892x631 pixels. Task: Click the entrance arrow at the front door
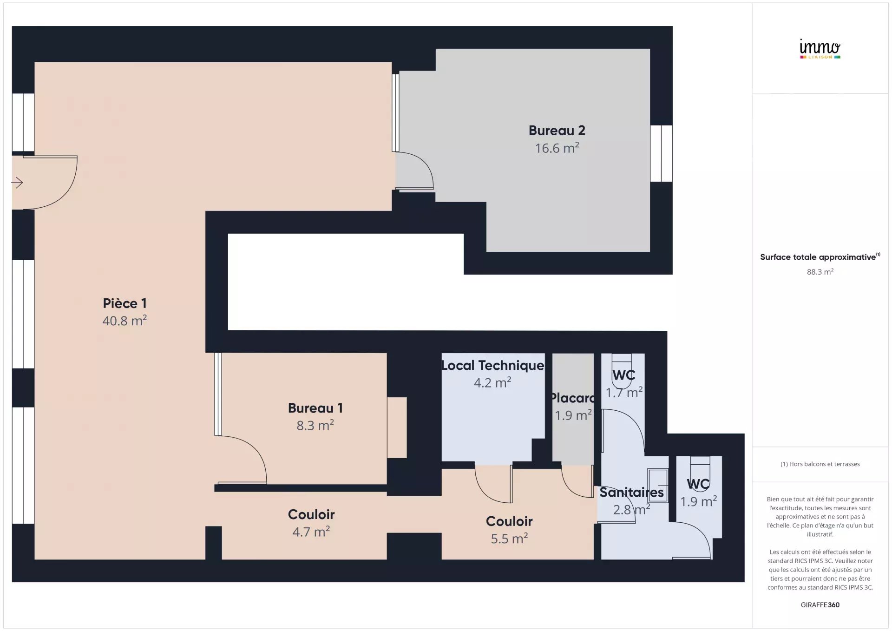tap(17, 183)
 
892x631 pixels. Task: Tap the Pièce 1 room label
tap(125, 303)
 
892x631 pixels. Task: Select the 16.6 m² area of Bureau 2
tap(557, 148)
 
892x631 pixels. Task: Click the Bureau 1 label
tap(315, 408)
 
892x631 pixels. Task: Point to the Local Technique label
tap(492, 365)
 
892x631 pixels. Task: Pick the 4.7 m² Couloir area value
tap(311, 532)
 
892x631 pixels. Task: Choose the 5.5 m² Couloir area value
tap(509, 538)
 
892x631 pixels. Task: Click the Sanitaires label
tap(631, 492)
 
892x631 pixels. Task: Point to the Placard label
tap(572, 398)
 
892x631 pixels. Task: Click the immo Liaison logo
tap(820, 49)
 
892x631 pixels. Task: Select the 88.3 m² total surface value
tap(820, 272)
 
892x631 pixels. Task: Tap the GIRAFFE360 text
tap(820, 605)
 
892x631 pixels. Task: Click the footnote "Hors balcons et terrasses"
tap(824, 464)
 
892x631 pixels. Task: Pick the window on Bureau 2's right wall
tap(661, 153)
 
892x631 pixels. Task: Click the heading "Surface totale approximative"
tap(818, 257)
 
